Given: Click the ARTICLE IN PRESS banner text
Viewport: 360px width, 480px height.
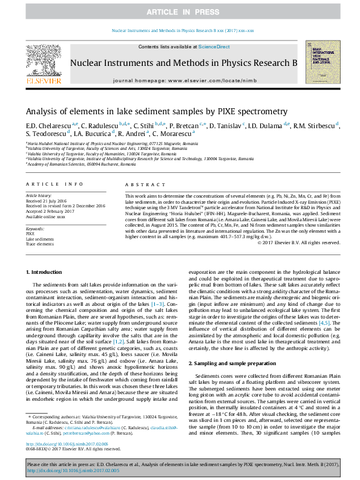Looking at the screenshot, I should (x=180, y=11).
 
